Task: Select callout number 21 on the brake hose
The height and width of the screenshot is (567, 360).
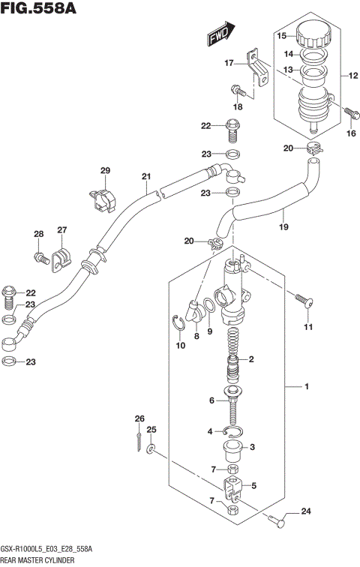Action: coord(146,178)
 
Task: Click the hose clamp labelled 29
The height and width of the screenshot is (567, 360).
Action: coord(103,196)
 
